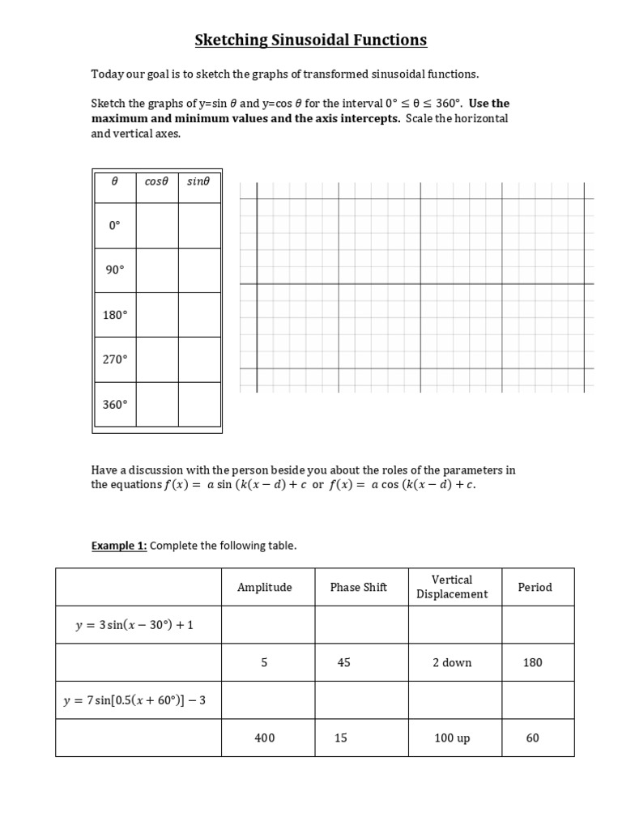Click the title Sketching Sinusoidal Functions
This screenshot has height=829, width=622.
click(310, 40)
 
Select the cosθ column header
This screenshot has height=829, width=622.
click(155, 182)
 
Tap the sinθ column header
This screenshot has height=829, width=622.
click(198, 182)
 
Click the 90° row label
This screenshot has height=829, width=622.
click(114, 270)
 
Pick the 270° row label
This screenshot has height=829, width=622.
click(114, 359)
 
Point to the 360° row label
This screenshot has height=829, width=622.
click(114, 404)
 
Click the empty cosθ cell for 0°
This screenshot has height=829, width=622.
click(156, 226)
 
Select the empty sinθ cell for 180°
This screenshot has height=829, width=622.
click(199, 315)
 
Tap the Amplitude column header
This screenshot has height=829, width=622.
click(265, 588)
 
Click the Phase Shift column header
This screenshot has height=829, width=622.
click(359, 588)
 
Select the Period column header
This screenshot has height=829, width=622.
click(535, 588)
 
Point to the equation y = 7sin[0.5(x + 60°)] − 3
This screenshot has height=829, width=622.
click(135, 700)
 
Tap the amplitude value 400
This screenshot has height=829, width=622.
click(265, 738)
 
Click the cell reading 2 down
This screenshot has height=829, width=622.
click(452, 662)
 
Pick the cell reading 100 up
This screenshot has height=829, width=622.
click(452, 738)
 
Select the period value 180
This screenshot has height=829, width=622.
click(532, 662)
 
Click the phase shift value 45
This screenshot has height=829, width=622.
click(344, 662)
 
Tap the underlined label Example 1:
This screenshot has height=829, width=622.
click(119, 546)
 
